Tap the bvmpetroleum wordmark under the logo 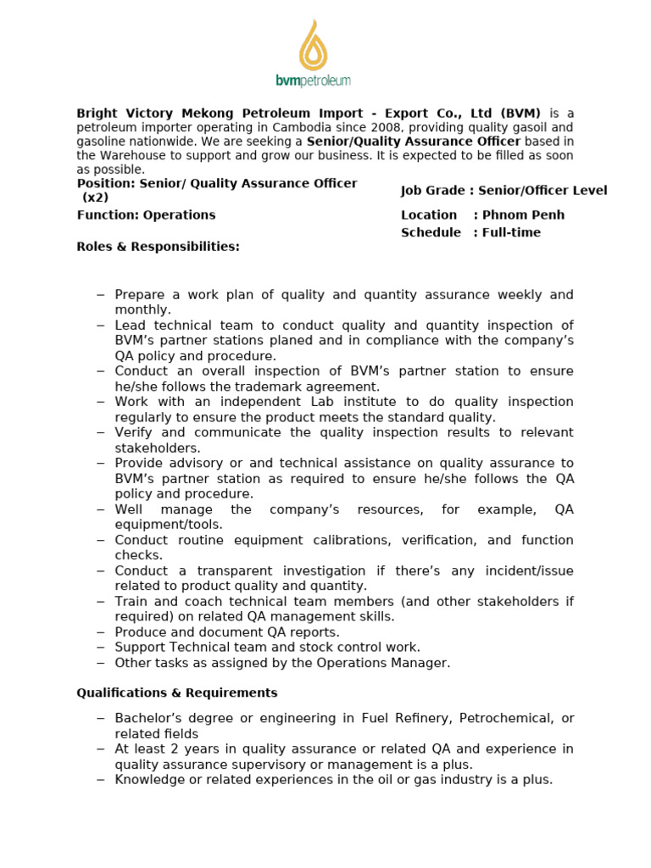[x=313, y=81]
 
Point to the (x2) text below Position [x=96, y=198]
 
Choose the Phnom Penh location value [x=523, y=215]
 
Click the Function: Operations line [x=146, y=215]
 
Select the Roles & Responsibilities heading [x=158, y=247]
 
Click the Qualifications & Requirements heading [x=177, y=693]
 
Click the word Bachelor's [x=145, y=718]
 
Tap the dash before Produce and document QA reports [x=101, y=632]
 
